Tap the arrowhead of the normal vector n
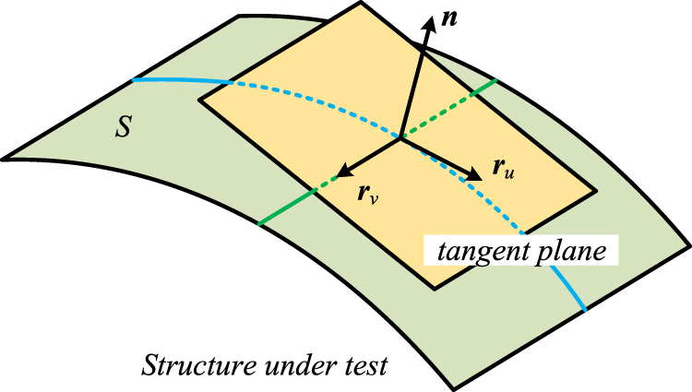coord(428,24)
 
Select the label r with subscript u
coord(504,168)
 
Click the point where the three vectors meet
coord(400,139)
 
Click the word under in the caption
coord(288,365)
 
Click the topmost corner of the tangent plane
coord(361,4)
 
